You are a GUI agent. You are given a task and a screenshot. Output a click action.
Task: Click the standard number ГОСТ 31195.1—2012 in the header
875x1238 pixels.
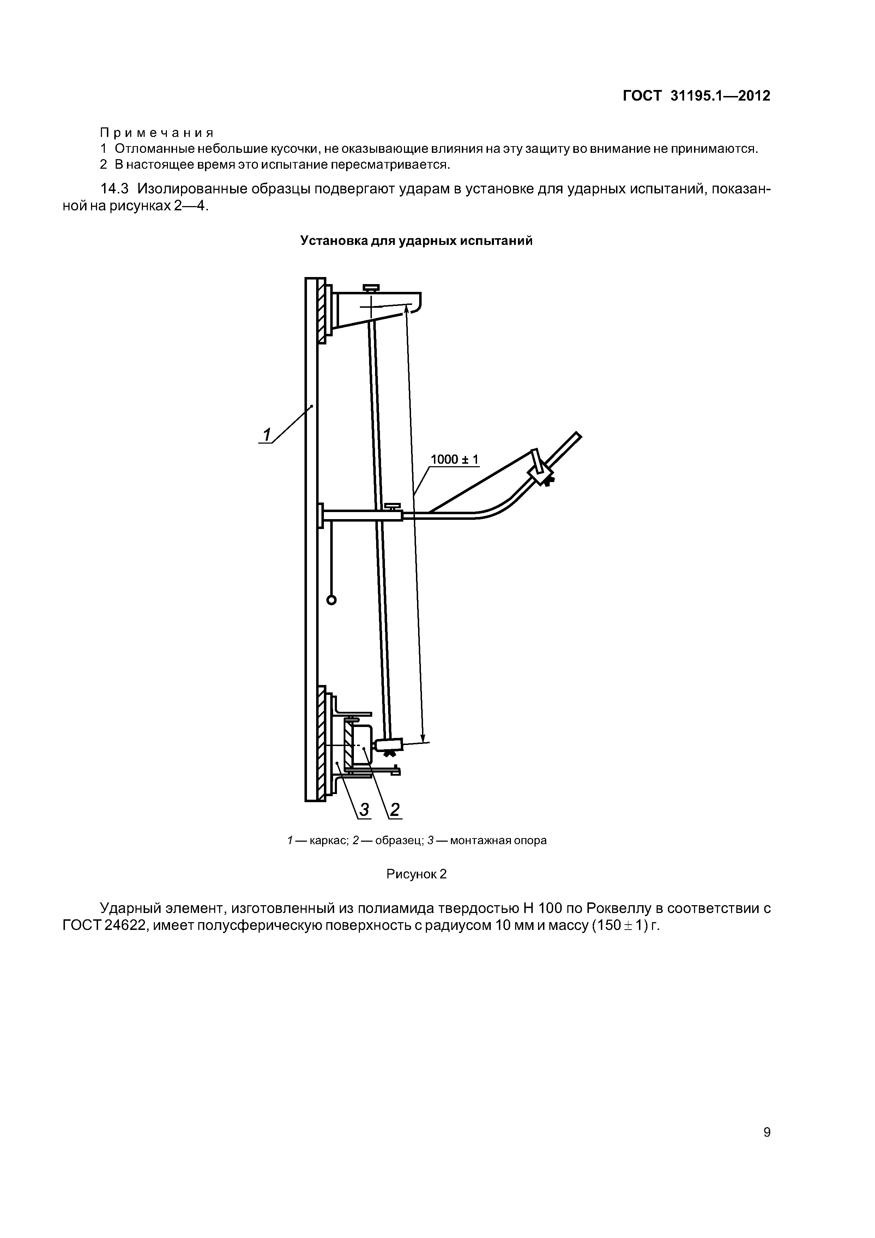click(x=696, y=96)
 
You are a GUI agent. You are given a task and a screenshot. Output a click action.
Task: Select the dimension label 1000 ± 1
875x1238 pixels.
click(x=454, y=459)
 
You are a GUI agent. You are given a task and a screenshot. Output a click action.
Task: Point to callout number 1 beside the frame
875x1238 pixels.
click(x=266, y=434)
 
